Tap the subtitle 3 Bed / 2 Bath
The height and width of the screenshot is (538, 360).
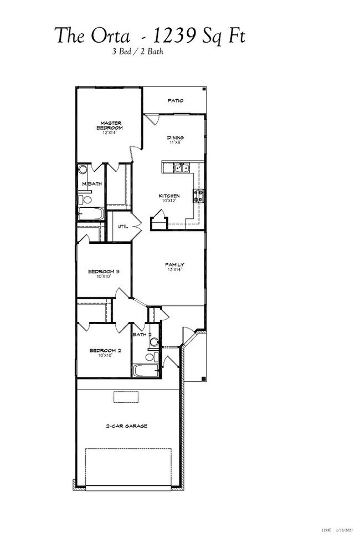[x=137, y=53]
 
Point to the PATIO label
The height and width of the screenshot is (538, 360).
[x=176, y=100]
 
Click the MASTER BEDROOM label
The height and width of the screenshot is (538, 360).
[x=111, y=125]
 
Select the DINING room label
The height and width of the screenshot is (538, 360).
[x=176, y=137]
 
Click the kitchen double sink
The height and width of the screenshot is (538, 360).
[x=181, y=167]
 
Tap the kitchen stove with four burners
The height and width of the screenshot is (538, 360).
[x=198, y=194]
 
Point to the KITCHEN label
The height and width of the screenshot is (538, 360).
[x=169, y=196]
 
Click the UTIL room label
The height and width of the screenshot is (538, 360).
[x=123, y=227]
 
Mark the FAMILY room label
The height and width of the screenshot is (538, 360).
[x=174, y=265]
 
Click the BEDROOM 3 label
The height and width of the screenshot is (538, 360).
[x=104, y=271]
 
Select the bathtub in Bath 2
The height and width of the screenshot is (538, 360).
[x=146, y=370]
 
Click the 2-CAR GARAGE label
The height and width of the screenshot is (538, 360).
[x=127, y=426]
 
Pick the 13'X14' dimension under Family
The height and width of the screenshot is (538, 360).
[x=174, y=270]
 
